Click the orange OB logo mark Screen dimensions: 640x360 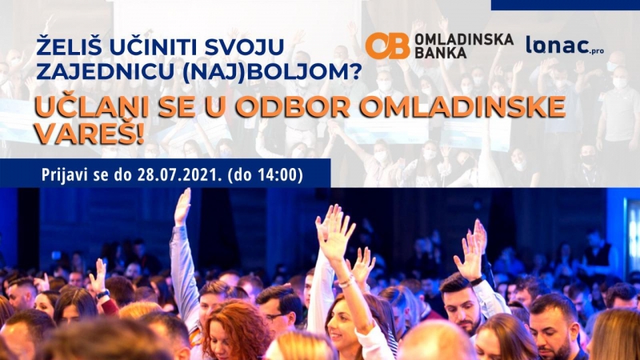pos(387,46)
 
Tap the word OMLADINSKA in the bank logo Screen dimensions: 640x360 pos(464,39)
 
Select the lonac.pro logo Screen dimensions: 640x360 pos(565,46)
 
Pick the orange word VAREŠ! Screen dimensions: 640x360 pos(90,134)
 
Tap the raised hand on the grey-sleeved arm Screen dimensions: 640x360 pos(182,207)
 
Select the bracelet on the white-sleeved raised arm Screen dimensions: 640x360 pos(346,282)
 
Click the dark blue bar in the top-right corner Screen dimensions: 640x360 pos(566,5)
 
